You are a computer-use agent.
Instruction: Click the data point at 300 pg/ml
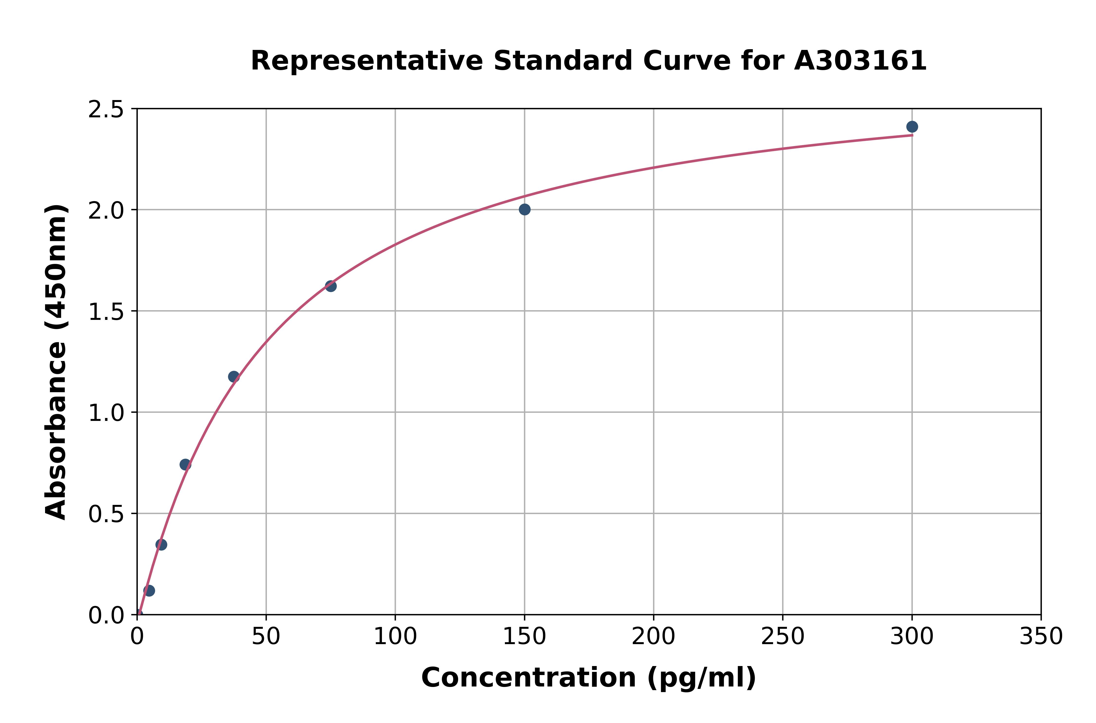911,127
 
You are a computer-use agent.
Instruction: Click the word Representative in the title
367,61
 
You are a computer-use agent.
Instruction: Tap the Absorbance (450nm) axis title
56,362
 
